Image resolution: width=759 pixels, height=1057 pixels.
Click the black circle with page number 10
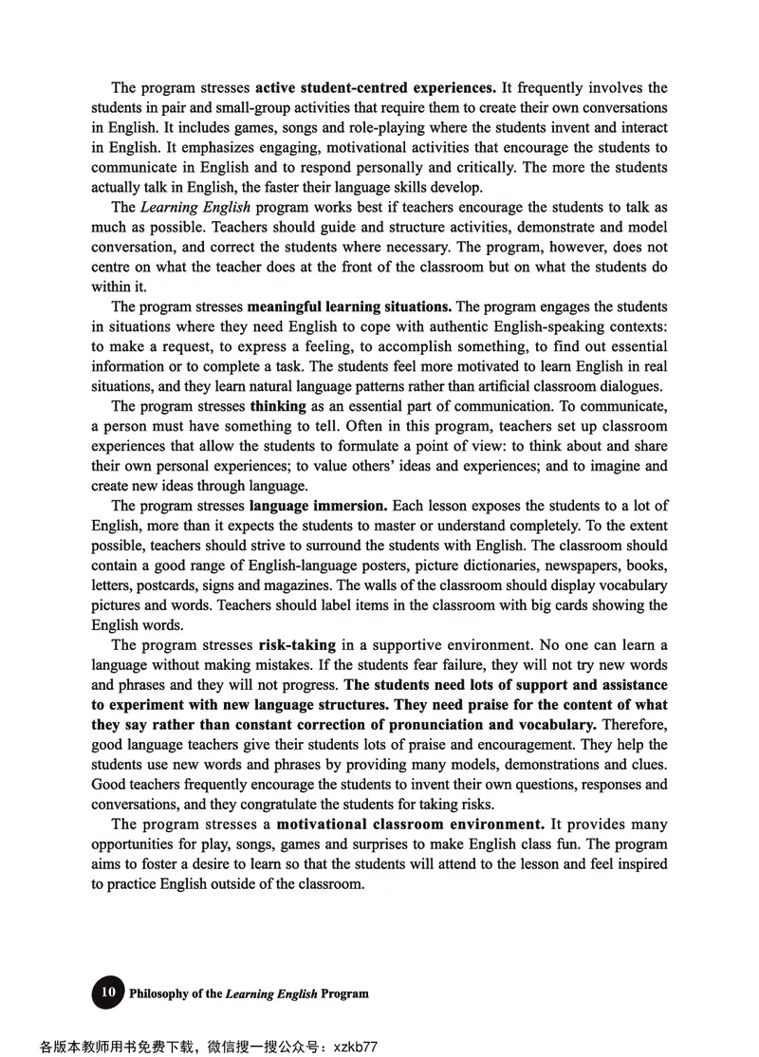pyautogui.click(x=108, y=992)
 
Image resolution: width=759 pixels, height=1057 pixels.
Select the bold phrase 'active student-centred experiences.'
pyautogui.click(x=376, y=88)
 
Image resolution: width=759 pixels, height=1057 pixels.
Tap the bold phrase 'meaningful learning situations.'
pyautogui.click(x=349, y=306)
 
